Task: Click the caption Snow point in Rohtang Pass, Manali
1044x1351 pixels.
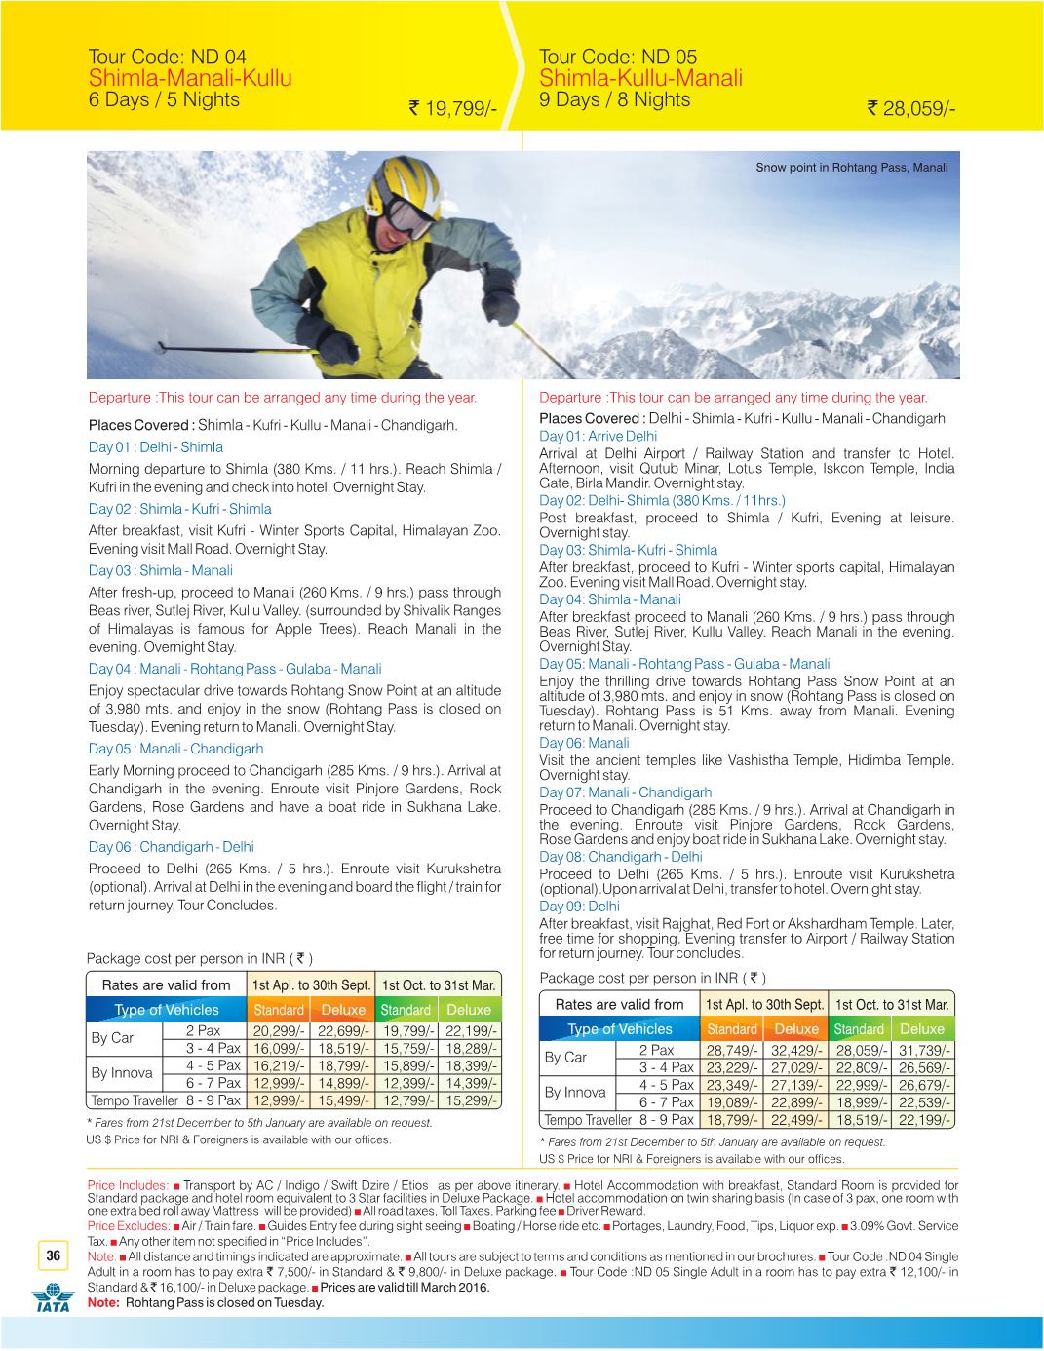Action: point(851,167)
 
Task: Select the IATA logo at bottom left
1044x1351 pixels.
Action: point(51,1300)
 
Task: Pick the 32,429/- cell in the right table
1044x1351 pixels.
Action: point(797,1050)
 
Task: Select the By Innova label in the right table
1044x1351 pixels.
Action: point(575,1093)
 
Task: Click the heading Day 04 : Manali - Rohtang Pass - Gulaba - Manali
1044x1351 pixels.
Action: point(234,669)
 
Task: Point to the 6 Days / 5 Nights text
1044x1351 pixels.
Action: point(164,99)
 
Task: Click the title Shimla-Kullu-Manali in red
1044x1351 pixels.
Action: point(640,78)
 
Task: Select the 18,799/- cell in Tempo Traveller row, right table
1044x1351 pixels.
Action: point(732,1120)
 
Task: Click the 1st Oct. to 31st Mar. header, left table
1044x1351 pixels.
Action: point(439,985)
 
